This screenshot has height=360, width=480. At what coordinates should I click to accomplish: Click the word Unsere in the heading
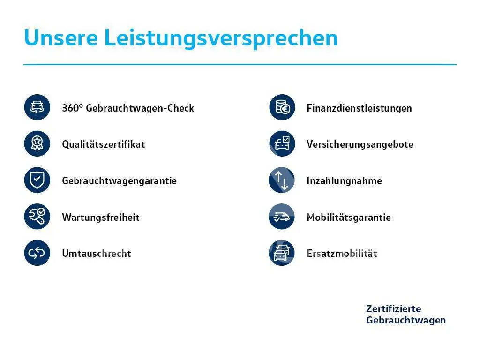tap(61, 37)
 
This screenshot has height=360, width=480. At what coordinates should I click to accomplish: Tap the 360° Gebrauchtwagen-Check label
tap(128, 108)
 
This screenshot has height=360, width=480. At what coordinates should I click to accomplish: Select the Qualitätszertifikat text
tap(104, 144)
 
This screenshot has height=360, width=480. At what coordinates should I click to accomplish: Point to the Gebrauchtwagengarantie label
tap(120, 181)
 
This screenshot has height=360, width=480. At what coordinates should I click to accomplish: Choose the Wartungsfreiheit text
tap(101, 217)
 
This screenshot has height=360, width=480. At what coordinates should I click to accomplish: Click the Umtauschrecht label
tap(97, 254)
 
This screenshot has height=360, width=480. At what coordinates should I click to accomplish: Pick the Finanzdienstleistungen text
tap(359, 108)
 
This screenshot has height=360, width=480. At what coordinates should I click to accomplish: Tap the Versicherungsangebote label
tap(360, 144)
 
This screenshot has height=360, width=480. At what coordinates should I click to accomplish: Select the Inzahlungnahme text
tap(344, 181)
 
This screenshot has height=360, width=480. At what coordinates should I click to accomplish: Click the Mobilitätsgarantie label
tap(349, 217)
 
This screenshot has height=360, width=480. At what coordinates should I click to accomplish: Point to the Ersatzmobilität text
tap(342, 254)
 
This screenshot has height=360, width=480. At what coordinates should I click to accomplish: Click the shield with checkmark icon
tap(37, 180)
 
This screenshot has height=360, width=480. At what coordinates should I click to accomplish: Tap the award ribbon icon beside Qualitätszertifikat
tap(37, 143)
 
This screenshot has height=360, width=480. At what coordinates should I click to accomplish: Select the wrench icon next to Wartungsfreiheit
tap(37, 217)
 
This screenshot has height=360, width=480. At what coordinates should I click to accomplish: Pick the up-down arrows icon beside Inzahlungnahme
tap(282, 180)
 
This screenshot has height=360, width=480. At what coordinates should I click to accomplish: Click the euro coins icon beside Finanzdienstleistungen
tap(282, 107)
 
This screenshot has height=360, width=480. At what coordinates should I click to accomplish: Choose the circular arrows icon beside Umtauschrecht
tap(37, 253)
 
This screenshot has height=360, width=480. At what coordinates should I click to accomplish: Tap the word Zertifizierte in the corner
tap(393, 308)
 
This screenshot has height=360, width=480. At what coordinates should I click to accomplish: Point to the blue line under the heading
tap(240, 65)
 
